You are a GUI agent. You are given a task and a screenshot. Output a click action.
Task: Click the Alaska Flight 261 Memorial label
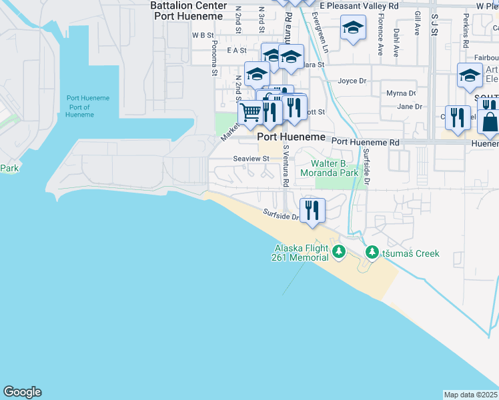point(301,253)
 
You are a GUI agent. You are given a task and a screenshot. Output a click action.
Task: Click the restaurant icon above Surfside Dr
point(312,210)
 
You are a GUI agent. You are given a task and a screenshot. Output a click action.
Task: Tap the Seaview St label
point(251,159)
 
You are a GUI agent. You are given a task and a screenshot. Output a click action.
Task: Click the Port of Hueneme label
point(87,107)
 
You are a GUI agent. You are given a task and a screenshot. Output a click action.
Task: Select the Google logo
point(22,392)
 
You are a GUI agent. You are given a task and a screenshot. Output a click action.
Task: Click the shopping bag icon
point(489,122)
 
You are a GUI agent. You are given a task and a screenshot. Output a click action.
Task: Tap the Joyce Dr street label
point(352,81)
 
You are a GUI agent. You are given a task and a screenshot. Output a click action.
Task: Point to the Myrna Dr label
point(401,93)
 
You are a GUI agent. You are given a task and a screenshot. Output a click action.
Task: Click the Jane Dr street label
point(410,107)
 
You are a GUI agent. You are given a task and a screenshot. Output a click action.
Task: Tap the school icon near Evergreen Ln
point(353,28)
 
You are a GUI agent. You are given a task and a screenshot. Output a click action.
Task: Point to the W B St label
point(202,35)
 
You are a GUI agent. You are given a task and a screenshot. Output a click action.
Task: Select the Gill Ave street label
point(418,23)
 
